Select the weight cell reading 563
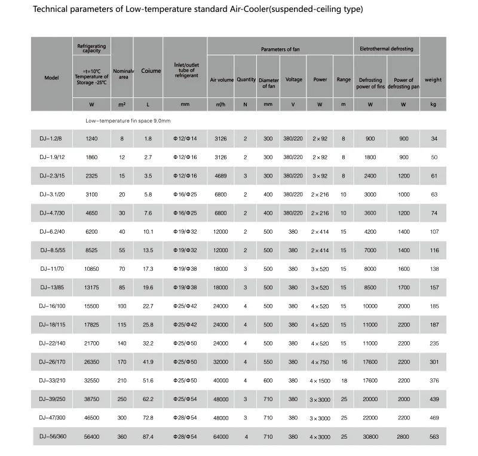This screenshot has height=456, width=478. (434, 437)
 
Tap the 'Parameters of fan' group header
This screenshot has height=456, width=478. (280, 49)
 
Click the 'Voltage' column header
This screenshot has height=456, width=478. (293, 79)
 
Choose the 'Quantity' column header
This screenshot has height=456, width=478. (246, 79)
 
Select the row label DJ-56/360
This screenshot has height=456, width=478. (54, 437)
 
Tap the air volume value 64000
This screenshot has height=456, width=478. (221, 437)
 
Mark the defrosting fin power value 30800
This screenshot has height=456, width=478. (370, 437)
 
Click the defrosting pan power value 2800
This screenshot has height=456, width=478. (404, 437)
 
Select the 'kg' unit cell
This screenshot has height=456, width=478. (434, 104)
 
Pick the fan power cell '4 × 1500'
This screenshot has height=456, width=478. (320, 381)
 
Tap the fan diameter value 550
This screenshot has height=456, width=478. (268, 362)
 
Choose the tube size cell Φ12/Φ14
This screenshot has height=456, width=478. (185, 139)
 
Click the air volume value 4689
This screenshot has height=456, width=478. (221, 176)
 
